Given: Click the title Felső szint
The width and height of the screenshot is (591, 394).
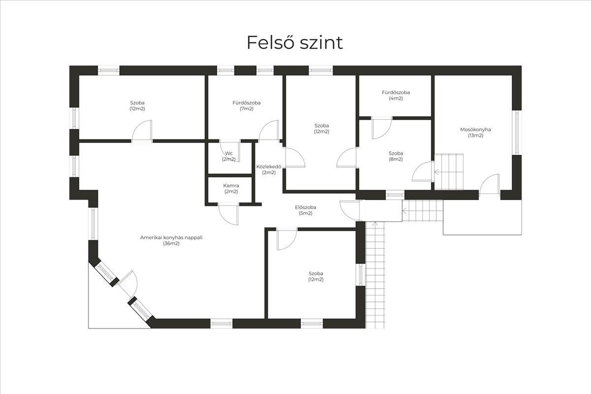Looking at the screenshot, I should pos(295,43).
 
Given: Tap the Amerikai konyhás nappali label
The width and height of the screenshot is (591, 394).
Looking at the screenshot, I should pos(171,240).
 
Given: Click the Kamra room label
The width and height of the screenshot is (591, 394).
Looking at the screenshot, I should pos(231,188).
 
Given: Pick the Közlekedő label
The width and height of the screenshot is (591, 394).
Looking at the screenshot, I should pos(265,169).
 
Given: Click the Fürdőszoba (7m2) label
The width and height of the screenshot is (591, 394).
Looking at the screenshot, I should pos(246,105).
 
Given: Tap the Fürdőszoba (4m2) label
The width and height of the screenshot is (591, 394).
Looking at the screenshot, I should pos(395,95).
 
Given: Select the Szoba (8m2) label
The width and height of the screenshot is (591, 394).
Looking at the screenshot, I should pos(395,156).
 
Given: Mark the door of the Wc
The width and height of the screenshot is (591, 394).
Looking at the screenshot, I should pos(230,148).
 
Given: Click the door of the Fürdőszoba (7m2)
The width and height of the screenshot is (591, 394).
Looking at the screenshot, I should pos(270,131).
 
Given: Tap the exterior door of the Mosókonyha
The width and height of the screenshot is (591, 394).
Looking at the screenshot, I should pos(490,185).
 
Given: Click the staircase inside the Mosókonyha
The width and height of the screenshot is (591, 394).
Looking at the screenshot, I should pos(449,171).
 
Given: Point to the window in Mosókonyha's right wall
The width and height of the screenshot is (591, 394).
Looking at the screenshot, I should pos(516,132).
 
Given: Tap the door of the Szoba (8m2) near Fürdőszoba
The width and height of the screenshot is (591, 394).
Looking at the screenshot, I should pos(381,127).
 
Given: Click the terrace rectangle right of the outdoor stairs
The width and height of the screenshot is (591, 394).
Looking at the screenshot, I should pos(482,217).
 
